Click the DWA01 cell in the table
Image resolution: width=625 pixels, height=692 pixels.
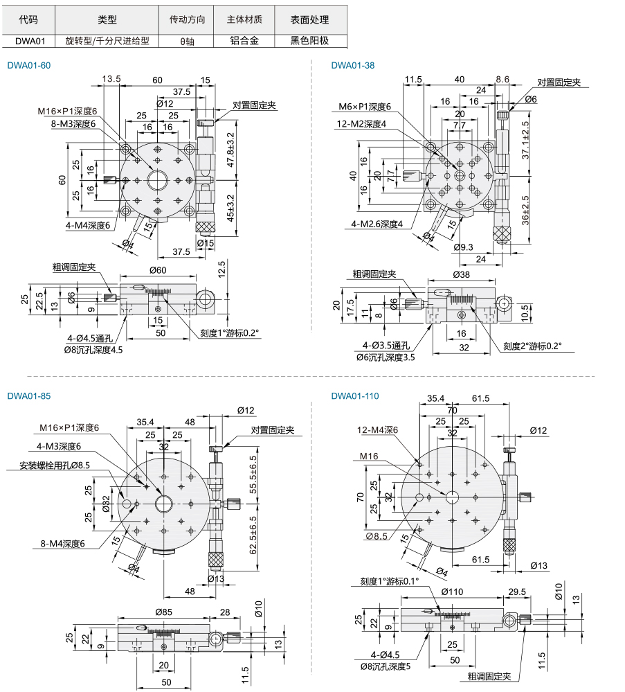(30, 41)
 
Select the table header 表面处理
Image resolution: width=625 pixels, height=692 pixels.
(309, 19)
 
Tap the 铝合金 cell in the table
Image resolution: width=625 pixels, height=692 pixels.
(244, 41)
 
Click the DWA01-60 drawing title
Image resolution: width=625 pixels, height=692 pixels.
(28, 66)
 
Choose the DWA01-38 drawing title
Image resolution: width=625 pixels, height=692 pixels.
(353, 66)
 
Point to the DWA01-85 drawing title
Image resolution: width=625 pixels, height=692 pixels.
(28, 396)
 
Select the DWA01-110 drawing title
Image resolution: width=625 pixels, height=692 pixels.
(355, 396)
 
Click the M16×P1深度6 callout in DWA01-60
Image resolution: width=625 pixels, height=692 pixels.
(67, 112)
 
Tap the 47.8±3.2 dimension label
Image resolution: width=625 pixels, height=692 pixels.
(230, 150)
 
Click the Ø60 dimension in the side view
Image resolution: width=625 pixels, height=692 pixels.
(158, 270)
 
